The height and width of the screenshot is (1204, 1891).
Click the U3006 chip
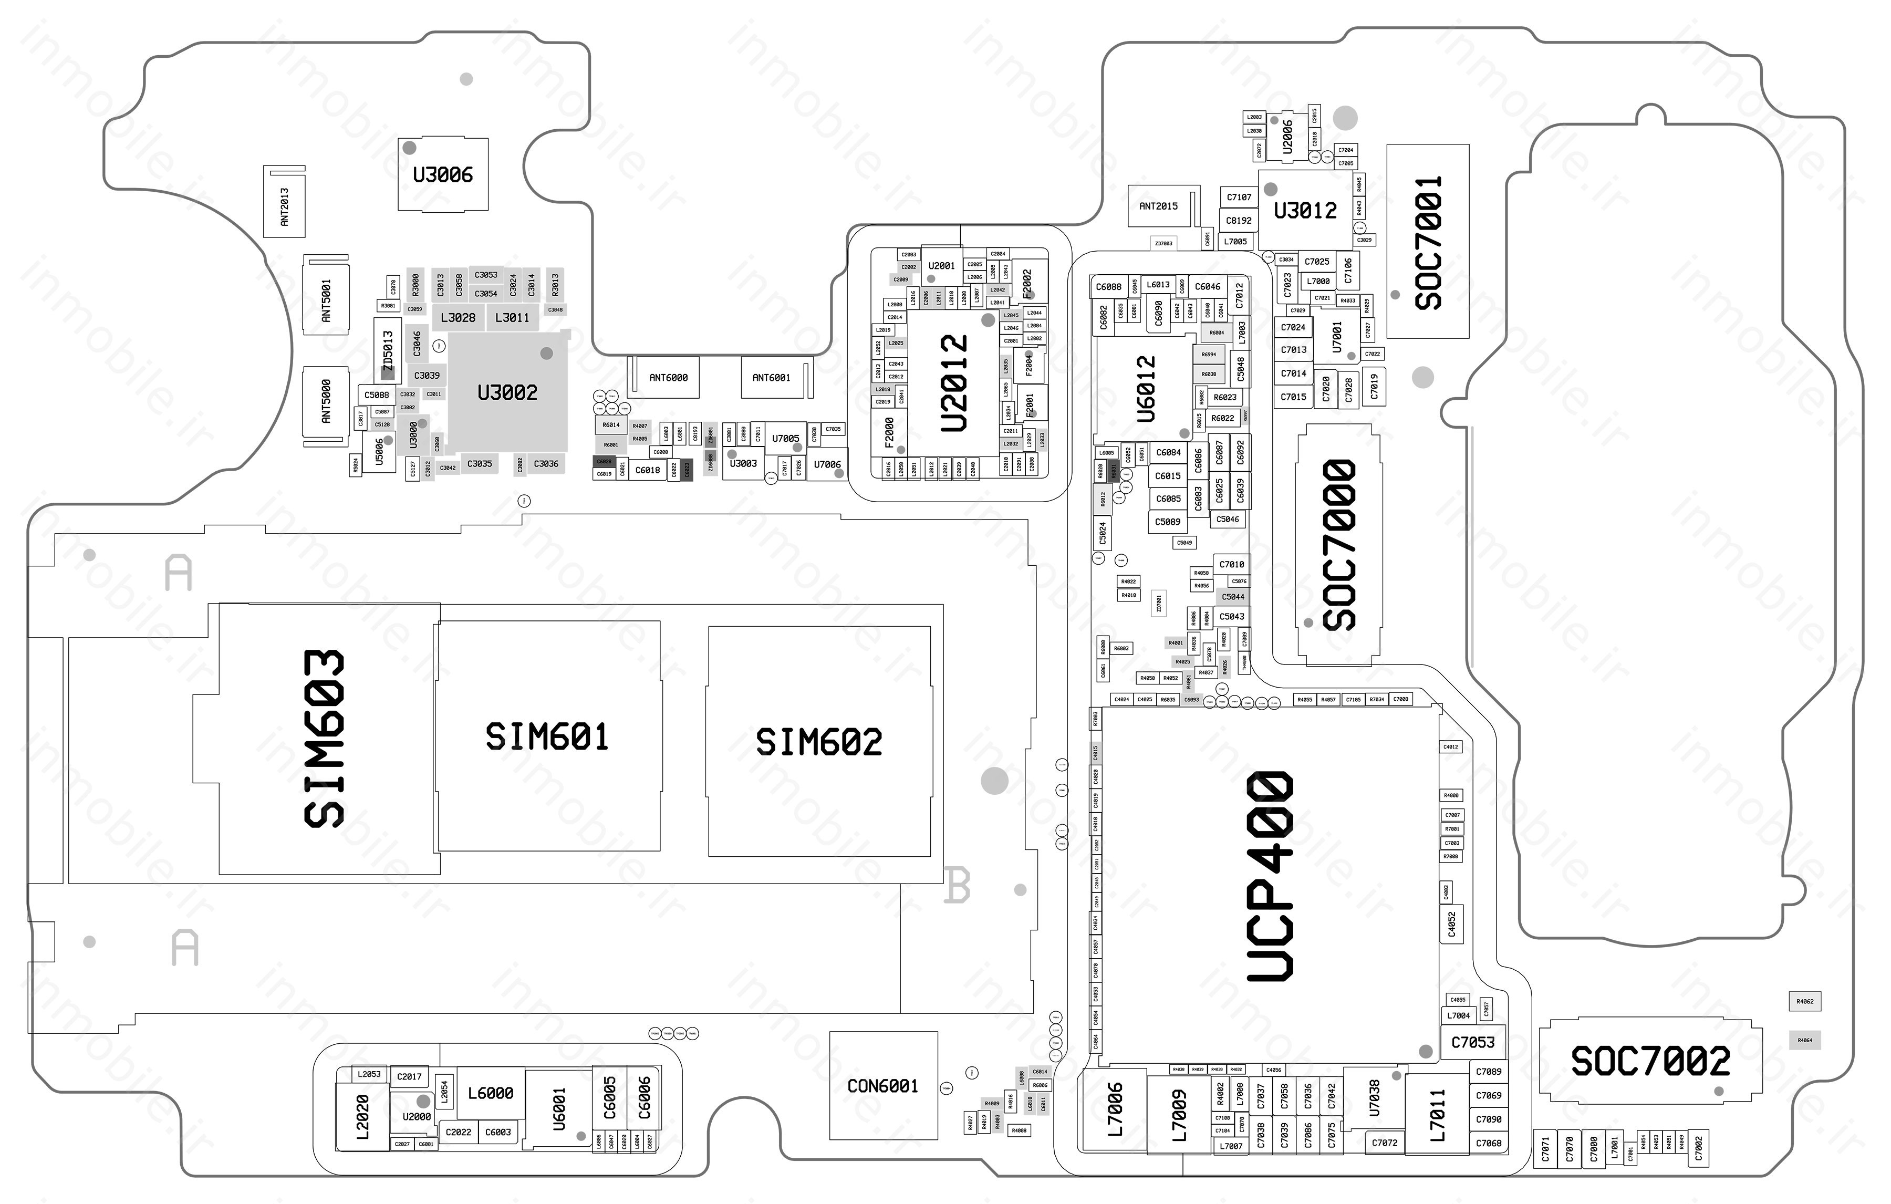click(x=443, y=174)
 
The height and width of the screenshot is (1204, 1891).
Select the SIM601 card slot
click(x=547, y=736)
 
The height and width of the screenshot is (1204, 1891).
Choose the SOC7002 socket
click(x=1650, y=1062)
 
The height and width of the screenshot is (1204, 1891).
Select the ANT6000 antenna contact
click(x=668, y=378)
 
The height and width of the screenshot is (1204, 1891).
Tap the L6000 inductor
click(x=490, y=1093)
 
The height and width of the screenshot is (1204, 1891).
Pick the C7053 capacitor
click(x=1472, y=1042)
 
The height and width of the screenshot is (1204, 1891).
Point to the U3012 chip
click(x=1304, y=210)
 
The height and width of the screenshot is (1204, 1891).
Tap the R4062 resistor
click(x=1805, y=1001)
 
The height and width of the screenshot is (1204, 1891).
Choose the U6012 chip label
click(x=1147, y=389)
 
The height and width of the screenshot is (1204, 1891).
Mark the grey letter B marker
click(x=957, y=885)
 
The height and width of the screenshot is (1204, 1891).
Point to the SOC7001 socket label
click(x=1428, y=242)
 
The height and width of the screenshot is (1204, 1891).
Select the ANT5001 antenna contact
click(x=326, y=300)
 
